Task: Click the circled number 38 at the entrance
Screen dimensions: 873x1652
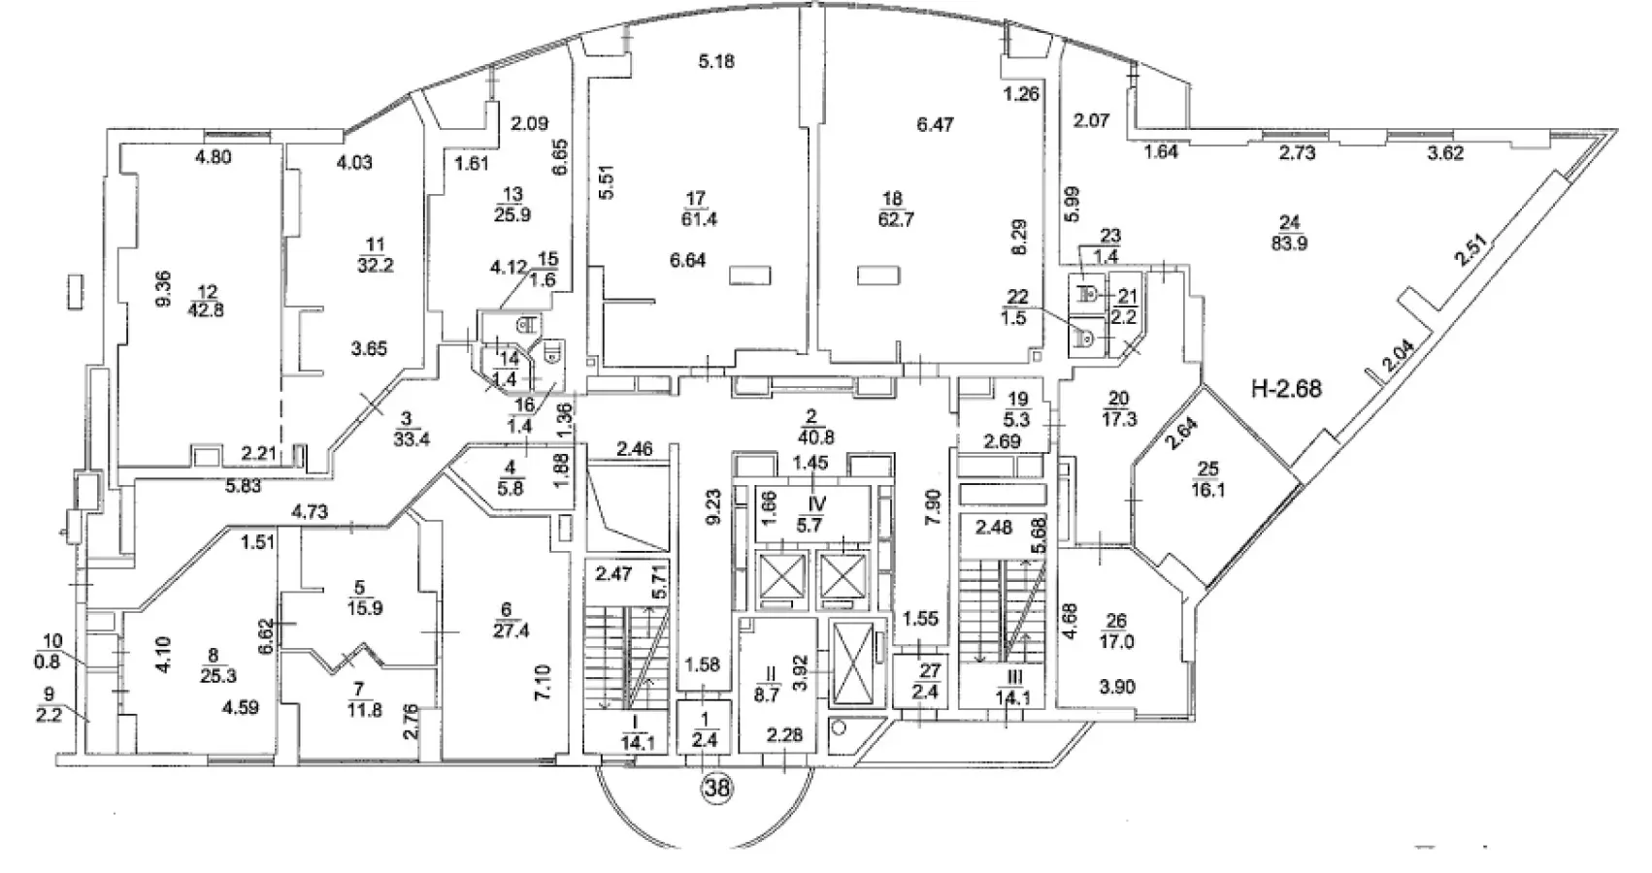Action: [x=718, y=790]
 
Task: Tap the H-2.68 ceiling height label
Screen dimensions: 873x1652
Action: [x=1286, y=389]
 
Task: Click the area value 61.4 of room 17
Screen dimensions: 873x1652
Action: [x=695, y=219]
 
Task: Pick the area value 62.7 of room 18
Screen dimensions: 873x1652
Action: [x=892, y=219]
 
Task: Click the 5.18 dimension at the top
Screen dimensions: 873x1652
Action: [x=716, y=62]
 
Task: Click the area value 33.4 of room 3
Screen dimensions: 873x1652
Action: [x=407, y=437]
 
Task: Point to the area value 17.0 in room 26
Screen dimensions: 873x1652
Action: [x=1116, y=640]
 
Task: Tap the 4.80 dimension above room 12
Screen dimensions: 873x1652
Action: [x=213, y=156]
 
